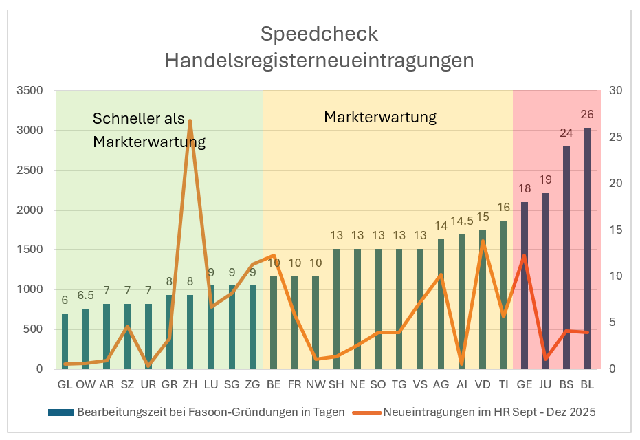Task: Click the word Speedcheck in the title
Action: (x=319, y=34)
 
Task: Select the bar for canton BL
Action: (x=587, y=247)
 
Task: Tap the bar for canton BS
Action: (x=566, y=257)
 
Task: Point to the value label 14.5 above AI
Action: (x=462, y=221)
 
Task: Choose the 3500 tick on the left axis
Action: (x=30, y=91)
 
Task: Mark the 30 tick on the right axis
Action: (x=616, y=91)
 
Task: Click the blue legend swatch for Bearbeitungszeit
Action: (x=60, y=412)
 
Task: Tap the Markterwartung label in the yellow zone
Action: (x=380, y=117)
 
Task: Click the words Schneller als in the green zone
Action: (x=139, y=119)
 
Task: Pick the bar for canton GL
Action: (x=65, y=341)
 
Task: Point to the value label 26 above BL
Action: (x=587, y=115)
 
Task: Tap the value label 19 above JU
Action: (x=546, y=180)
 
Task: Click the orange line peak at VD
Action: (x=483, y=241)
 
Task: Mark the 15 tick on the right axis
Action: (x=616, y=230)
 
